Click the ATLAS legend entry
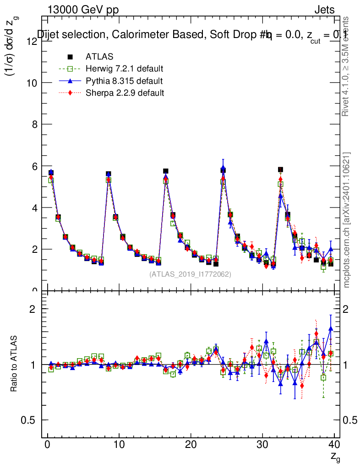click(x=99, y=57)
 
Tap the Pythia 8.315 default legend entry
click(x=124, y=81)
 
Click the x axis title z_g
click(x=336, y=457)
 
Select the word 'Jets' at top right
click(x=324, y=10)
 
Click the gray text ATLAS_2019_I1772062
click(x=190, y=274)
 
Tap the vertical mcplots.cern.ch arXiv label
click(x=347, y=220)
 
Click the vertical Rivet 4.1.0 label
click(x=347, y=66)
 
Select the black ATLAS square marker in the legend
click(x=71, y=57)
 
